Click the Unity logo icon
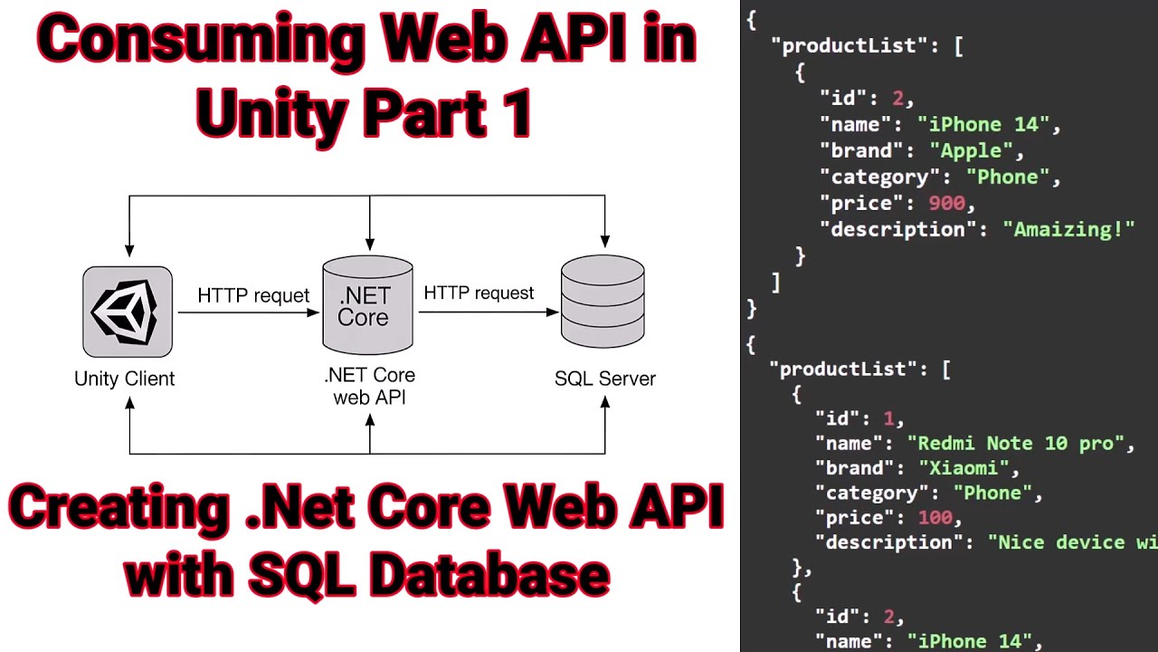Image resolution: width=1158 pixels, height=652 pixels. (128, 312)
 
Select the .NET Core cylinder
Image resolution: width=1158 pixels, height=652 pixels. (367, 306)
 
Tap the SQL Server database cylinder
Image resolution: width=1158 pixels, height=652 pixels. (603, 302)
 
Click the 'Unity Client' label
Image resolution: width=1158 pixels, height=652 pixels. (125, 379)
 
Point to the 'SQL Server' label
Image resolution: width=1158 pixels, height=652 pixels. (604, 379)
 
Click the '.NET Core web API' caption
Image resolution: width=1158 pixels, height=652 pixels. (369, 386)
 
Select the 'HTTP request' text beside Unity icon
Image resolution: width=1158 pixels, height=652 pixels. (253, 296)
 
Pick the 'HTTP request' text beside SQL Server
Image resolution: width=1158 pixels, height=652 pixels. (479, 293)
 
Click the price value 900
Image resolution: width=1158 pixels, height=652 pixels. (946, 203)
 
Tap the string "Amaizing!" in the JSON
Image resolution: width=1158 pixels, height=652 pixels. (1068, 229)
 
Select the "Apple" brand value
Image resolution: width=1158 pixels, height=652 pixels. (971, 150)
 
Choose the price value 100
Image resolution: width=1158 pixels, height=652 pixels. (935, 517)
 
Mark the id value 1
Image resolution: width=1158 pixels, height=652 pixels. (888, 418)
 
